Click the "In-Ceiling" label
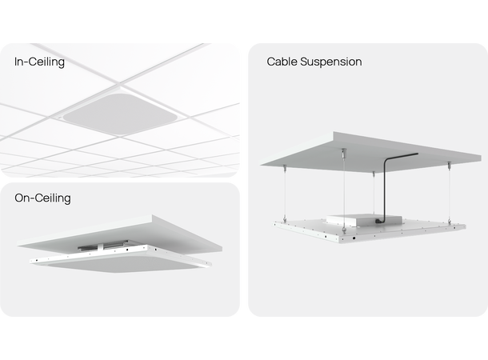point(39,61)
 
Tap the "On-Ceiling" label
point(42,197)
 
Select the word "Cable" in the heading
point(282,62)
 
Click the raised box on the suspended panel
point(353,218)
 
